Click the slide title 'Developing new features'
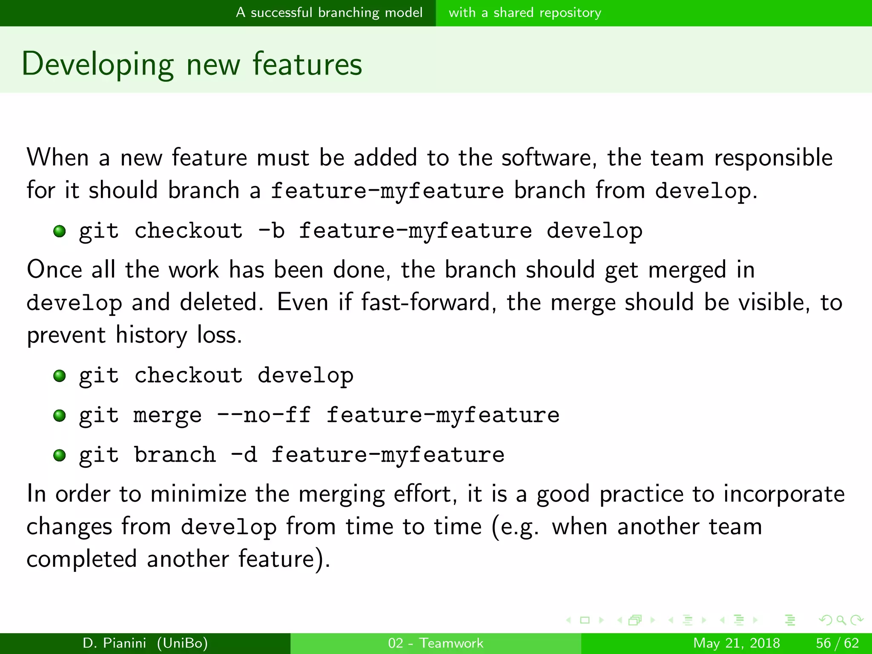(x=192, y=64)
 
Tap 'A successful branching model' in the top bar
(x=329, y=13)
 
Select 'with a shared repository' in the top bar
(x=525, y=13)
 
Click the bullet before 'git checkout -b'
(x=60, y=231)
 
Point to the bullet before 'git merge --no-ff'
(x=60, y=416)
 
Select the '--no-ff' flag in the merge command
(x=264, y=415)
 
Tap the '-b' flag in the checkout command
(x=272, y=231)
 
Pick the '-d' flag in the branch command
(x=244, y=455)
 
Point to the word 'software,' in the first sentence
(x=549, y=158)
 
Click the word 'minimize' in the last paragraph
(x=198, y=494)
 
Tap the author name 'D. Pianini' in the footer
(x=114, y=643)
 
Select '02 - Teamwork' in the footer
(x=436, y=643)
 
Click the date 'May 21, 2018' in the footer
(x=736, y=643)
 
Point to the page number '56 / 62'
(x=837, y=643)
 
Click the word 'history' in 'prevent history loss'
(x=151, y=336)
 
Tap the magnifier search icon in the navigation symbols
(x=840, y=620)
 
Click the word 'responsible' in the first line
(x=773, y=158)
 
